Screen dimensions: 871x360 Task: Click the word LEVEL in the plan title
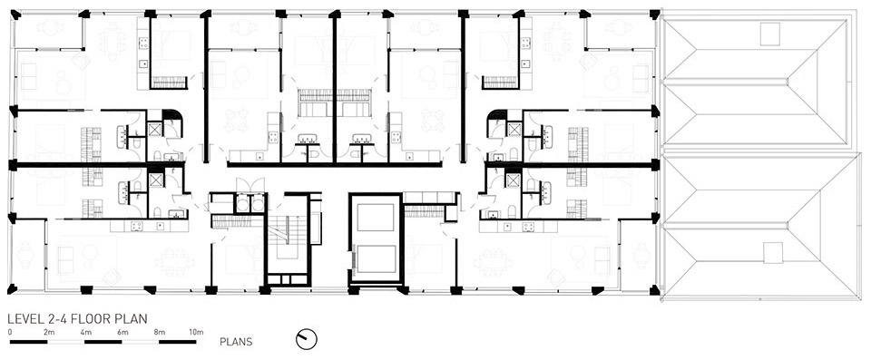click(x=22, y=319)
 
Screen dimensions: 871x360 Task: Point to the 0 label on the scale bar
click(x=10, y=332)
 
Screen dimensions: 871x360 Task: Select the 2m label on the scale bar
click(x=49, y=332)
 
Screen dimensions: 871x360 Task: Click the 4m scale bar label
click(x=86, y=332)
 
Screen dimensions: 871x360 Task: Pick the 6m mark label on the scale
click(x=122, y=332)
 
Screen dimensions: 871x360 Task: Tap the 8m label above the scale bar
click(x=160, y=332)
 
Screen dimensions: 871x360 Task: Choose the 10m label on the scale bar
click(x=196, y=332)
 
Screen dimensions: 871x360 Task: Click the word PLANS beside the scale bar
click(x=236, y=342)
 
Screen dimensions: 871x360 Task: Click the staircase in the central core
click(x=288, y=238)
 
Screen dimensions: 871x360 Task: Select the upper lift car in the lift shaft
click(x=375, y=218)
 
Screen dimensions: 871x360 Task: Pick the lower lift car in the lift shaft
click(x=375, y=258)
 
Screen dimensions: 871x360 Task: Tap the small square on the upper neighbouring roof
click(x=770, y=34)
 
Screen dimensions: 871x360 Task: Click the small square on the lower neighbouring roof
click(x=773, y=253)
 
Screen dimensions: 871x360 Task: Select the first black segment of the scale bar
click(x=29, y=342)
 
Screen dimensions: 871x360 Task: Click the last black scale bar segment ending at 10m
click(x=177, y=342)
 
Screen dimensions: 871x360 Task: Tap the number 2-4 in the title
click(x=53, y=319)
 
